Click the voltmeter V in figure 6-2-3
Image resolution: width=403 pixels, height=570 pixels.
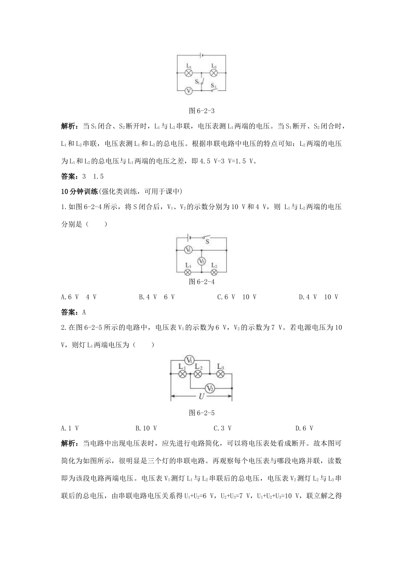pyautogui.click(x=189, y=90)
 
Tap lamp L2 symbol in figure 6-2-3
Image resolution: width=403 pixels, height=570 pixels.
pyautogui.click(x=214, y=73)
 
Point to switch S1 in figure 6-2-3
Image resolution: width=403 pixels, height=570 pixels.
pyautogui.click(x=202, y=81)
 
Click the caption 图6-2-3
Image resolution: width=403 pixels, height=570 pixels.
pyautogui.click(x=201, y=111)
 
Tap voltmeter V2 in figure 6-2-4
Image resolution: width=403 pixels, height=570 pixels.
pyautogui.click(x=201, y=261)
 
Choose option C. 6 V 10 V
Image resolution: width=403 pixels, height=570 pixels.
pyautogui.click(x=237, y=297)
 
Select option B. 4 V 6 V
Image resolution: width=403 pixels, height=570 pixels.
pyautogui.click(x=157, y=297)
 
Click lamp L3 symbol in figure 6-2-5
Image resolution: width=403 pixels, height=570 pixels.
pyautogui.click(x=220, y=374)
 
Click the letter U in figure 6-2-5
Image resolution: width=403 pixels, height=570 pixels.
pyautogui.click(x=201, y=397)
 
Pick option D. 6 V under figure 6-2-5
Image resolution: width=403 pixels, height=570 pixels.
pyautogui.click(x=304, y=428)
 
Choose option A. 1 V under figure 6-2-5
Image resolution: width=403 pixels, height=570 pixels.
pyautogui.click(x=70, y=428)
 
